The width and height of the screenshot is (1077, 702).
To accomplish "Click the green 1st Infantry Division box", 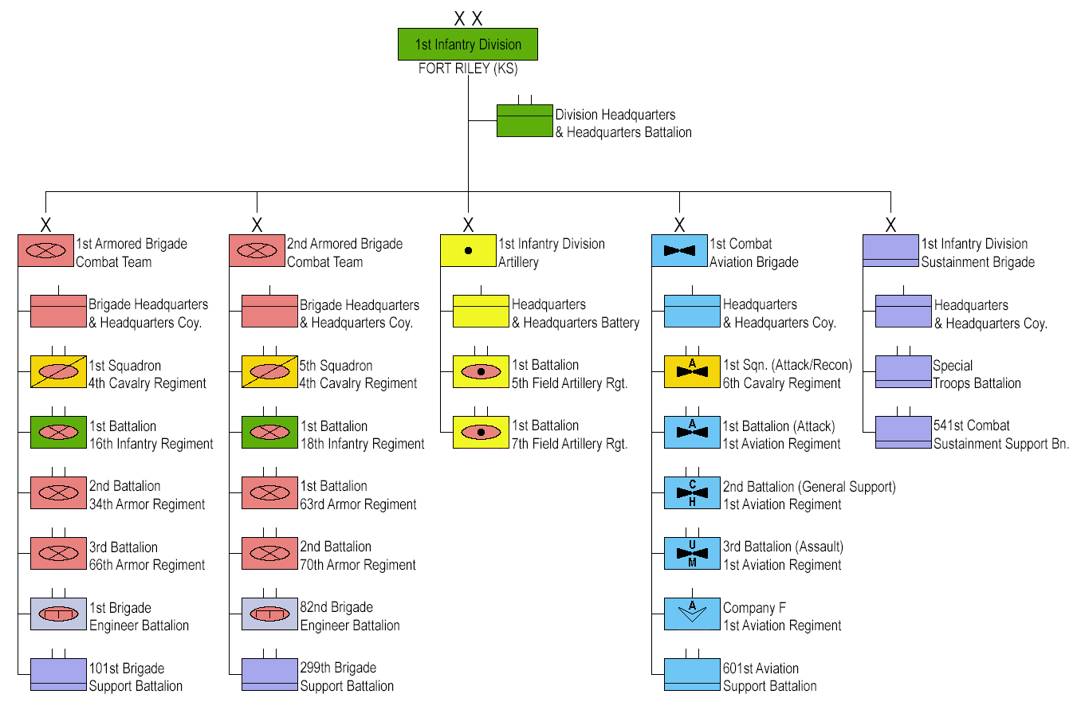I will tap(468, 45).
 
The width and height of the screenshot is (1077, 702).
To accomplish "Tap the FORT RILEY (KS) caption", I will tap(468, 69).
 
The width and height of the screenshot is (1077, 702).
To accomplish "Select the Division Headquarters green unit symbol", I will tap(525, 121).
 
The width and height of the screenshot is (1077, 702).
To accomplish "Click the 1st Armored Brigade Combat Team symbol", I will tap(45, 250).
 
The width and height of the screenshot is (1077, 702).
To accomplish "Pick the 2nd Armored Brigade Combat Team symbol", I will tap(257, 250).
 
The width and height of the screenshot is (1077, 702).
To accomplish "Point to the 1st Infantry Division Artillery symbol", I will tap(468, 250).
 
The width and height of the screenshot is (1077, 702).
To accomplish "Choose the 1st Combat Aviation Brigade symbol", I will tap(679, 250).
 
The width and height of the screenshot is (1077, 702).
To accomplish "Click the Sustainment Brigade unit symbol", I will tap(890, 250).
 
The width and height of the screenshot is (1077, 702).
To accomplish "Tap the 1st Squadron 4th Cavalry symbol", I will tap(58, 372).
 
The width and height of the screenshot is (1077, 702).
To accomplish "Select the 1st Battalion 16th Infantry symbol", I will tap(58, 432).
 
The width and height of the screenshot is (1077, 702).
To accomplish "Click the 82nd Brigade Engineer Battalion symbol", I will tap(269, 614).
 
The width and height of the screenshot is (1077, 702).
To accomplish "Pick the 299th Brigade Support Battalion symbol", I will tap(269, 674).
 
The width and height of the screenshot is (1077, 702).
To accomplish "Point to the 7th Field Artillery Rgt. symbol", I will tap(481, 432).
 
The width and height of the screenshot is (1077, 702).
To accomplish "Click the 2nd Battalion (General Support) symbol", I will tap(692, 492).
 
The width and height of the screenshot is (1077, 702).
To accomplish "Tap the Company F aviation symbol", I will tap(692, 614).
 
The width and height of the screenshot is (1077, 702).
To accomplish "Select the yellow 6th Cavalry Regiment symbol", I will tap(692, 372).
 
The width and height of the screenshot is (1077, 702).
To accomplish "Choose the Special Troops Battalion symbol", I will tap(903, 372).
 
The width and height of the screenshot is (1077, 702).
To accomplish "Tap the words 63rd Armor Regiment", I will tap(358, 504).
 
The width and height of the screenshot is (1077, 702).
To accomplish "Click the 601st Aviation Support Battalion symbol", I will tap(692, 674).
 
